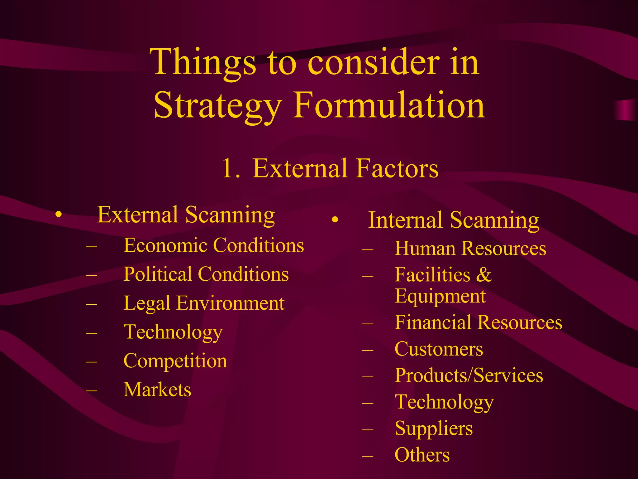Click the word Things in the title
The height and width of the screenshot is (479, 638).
[202, 62]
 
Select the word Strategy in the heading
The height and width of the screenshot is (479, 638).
[218, 106]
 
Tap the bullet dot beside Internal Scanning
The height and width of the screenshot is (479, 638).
[335, 220]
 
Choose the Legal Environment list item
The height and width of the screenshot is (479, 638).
[204, 303]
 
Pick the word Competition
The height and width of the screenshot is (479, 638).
[175, 361]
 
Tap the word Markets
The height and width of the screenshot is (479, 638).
[157, 390]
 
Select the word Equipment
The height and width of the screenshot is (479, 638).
[440, 296]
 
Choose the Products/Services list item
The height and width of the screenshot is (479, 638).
[469, 375]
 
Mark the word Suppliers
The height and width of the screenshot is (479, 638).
[433, 428]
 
